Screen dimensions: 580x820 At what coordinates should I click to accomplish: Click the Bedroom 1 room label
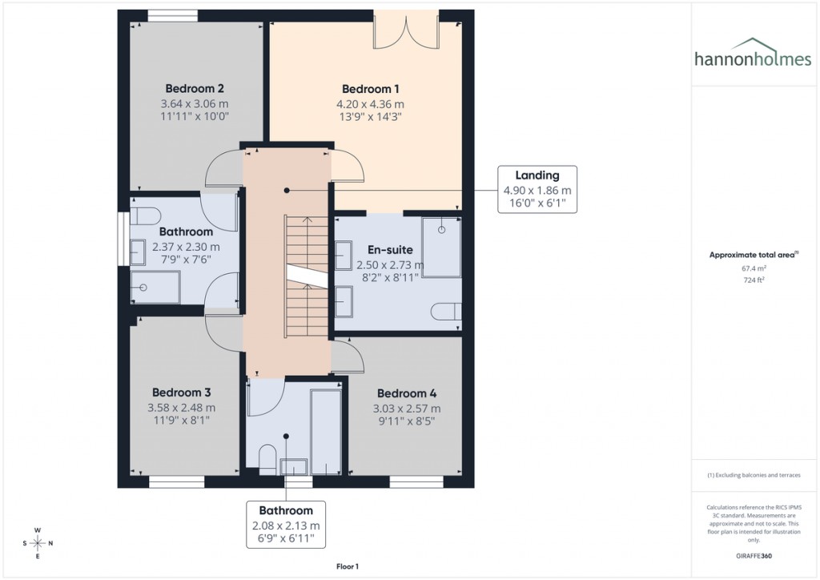tap(370, 89)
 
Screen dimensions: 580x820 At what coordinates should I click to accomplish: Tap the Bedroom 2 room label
tap(194, 88)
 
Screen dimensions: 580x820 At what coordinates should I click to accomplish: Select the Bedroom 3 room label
tap(182, 393)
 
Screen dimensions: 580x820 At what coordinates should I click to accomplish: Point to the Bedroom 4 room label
tap(407, 393)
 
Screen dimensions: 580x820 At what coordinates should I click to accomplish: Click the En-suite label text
tap(390, 249)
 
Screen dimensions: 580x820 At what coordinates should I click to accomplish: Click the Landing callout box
tap(537, 189)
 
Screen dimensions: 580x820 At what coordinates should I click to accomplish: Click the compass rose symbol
tap(38, 543)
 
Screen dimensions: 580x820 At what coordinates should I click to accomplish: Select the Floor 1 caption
tap(348, 566)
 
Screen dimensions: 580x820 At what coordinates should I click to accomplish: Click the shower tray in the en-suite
tap(441, 246)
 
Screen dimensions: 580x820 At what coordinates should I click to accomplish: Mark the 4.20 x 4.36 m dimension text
tap(370, 104)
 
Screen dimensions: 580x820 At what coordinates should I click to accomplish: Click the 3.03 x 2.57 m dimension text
tap(407, 409)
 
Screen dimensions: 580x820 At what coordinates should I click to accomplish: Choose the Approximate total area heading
tap(751, 255)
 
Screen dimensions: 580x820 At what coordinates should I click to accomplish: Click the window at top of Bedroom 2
tap(174, 14)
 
